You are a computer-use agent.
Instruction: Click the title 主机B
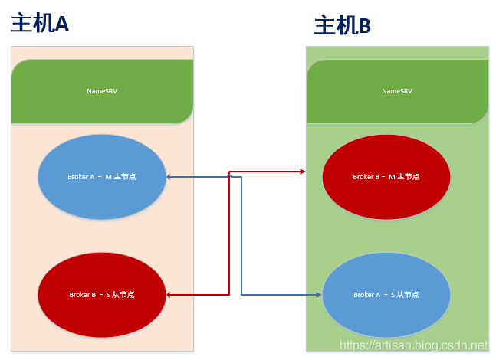tap(342, 26)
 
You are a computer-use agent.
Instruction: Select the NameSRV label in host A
tap(102, 91)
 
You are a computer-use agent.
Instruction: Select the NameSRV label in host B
tap(397, 91)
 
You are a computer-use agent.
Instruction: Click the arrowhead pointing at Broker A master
tap(169, 177)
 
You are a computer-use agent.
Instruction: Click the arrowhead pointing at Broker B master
tap(303, 172)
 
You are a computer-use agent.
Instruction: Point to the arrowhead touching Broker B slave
tap(169, 294)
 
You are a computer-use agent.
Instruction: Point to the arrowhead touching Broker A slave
tap(318, 294)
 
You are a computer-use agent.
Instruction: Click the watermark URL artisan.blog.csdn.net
tap(413, 346)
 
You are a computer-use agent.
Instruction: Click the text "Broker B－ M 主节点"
tap(386, 177)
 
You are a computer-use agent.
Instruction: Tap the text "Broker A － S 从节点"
tap(386, 295)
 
